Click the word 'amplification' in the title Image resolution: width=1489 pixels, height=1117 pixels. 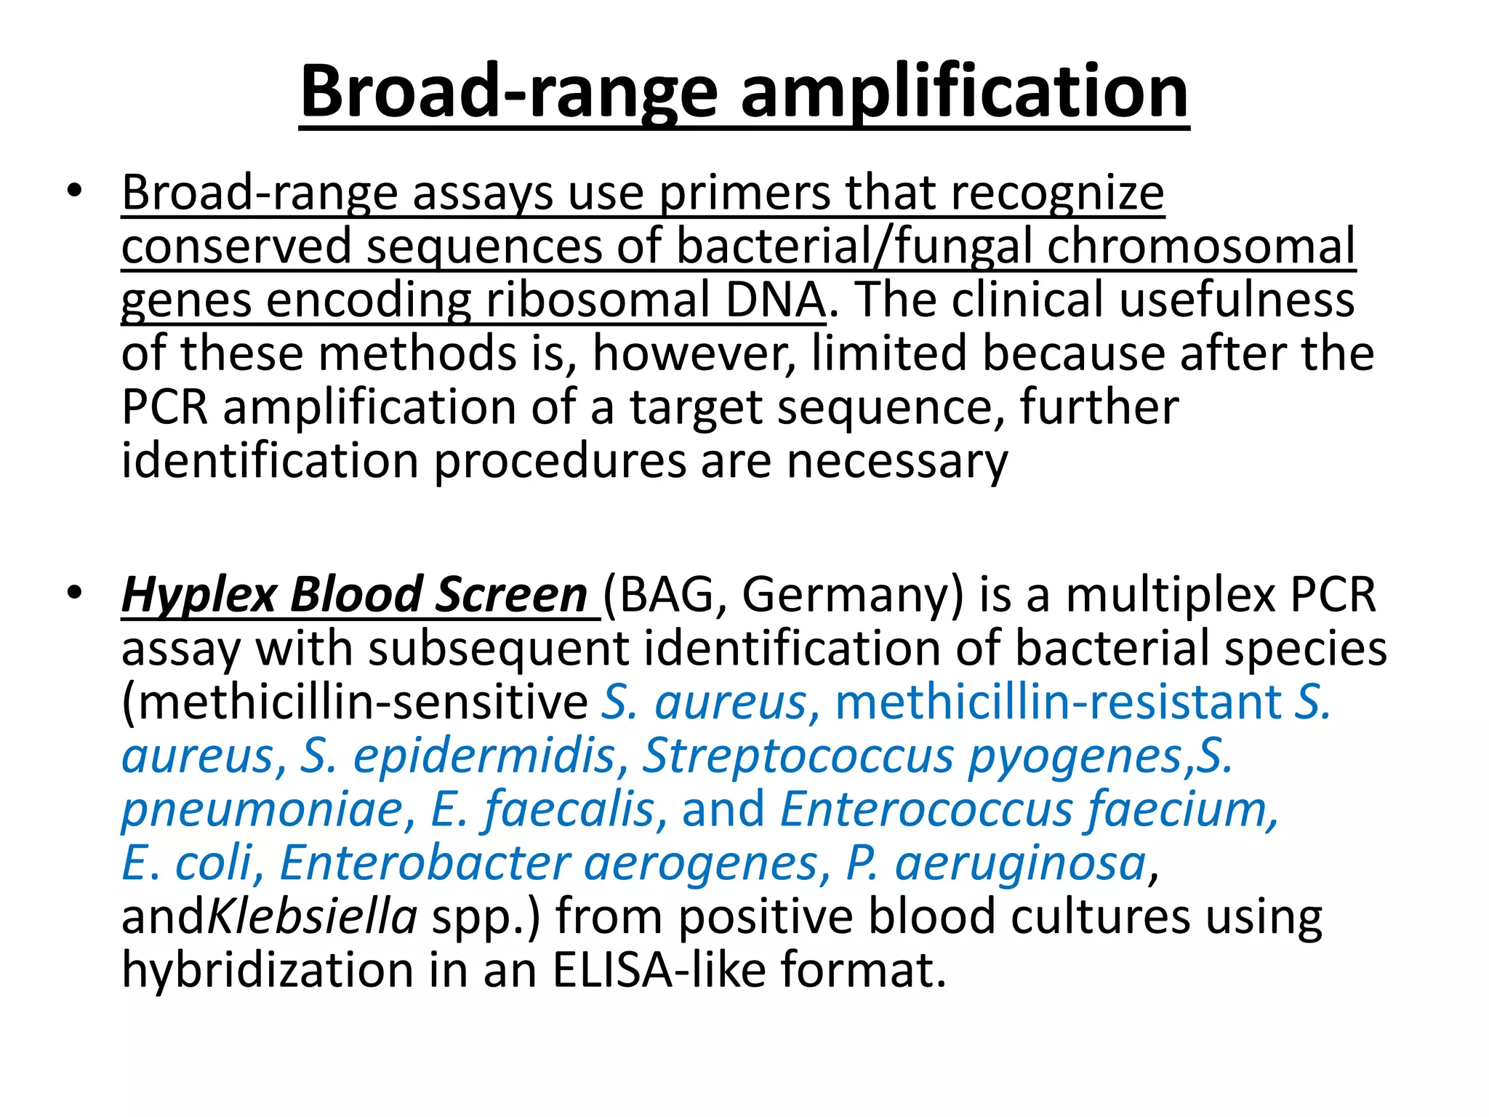964,93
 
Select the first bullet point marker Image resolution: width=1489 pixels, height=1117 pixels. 73,193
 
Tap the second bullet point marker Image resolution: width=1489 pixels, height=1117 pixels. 73,594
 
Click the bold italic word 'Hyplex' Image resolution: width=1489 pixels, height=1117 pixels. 198,596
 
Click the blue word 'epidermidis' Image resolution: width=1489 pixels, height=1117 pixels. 484,756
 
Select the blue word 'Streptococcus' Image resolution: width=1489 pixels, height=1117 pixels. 798,756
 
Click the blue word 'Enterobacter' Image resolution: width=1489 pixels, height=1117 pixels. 425,863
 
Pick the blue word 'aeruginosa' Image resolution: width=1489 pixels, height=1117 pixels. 1021,863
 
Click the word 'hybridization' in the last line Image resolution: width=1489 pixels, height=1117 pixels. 268,970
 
